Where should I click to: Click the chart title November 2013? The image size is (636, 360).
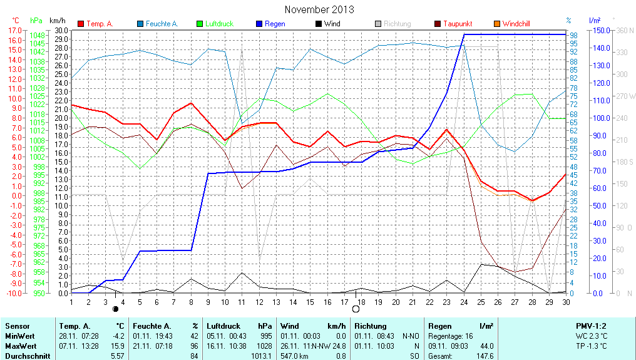[x=319, y=9]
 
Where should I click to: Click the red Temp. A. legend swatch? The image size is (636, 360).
[x=81, y=24]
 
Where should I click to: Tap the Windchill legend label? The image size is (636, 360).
[x=516, y=24]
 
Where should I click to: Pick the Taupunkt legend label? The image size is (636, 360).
[x=458, y=24]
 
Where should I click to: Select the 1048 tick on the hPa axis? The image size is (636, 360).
[x=37, y=35]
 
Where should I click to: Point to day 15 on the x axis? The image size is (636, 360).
[x=309, y=302]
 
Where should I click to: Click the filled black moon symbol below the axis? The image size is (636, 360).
[x=115, y=309]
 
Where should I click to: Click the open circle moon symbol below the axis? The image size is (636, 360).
[x=356, y=309]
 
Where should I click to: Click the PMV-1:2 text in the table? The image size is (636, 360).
[x=591, y=326]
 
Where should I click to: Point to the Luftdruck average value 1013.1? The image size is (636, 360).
[x=263, y=356]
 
